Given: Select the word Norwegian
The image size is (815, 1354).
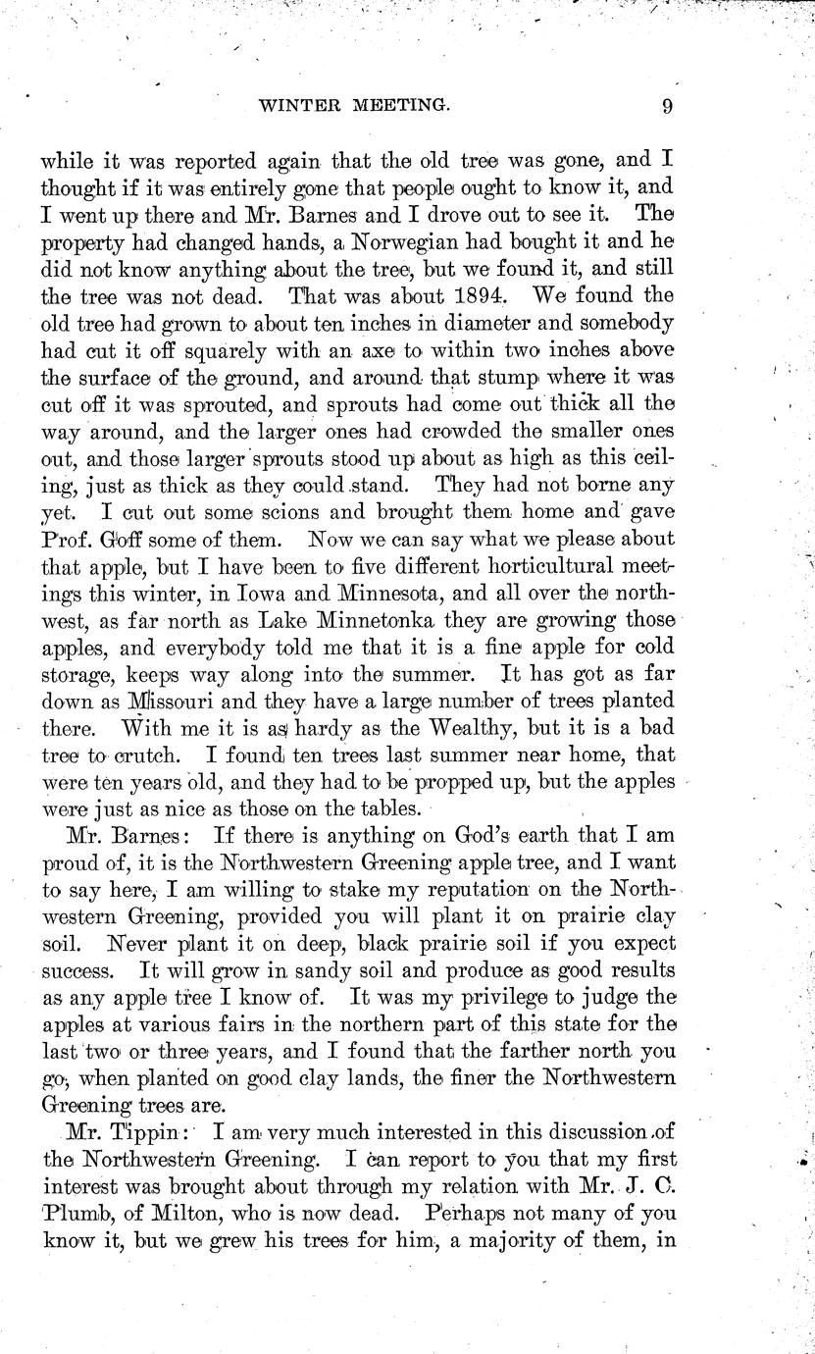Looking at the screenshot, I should (x=350, y=240).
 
